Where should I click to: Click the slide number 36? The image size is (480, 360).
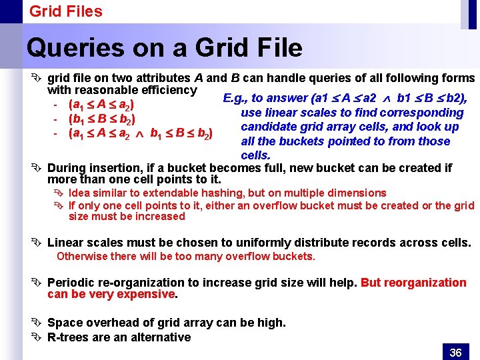click(x=455, y=352)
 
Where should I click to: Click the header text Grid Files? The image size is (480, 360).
click(x=65, y=11)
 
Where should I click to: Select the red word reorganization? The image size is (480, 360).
click(x=413, y=282)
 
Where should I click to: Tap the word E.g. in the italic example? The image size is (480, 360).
click(x=235, y=98)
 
